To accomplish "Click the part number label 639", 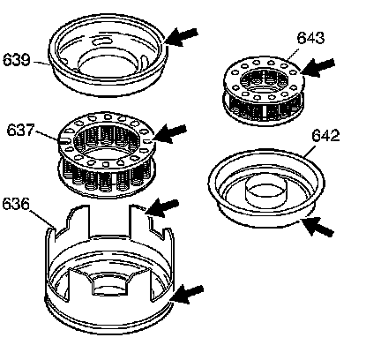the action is click(x=17, y=60).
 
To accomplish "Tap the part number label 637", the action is click(x=20, y=130).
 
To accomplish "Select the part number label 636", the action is click(x=16, y=204).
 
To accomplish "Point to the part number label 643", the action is click(x=310, y=38).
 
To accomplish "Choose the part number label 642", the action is click(x=325, y=136).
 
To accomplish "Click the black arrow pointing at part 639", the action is click(x=182, y=36).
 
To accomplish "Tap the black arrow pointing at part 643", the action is click(x=317, y=67).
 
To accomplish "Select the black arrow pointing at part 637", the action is click(x=169, y=133).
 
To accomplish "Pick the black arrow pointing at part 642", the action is click(x=317, y=228).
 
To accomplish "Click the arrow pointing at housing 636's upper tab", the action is click(x=162, y=207).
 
